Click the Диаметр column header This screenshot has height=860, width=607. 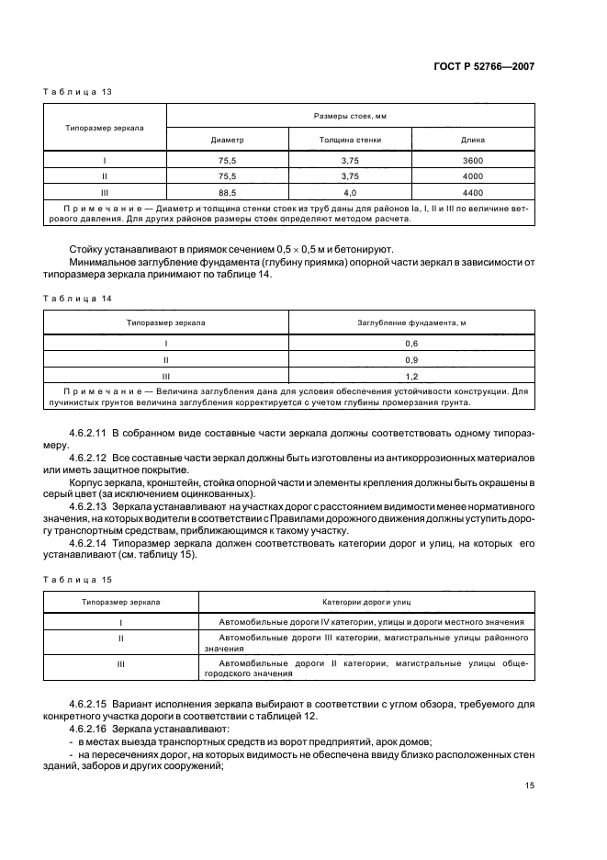point(227,140)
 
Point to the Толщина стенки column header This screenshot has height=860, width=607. point(350,140)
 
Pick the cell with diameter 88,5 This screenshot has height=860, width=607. point(227,192)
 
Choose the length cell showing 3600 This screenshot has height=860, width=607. point(473,160)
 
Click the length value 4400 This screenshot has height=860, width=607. point(473,192)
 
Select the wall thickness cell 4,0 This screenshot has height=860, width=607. point(350,192)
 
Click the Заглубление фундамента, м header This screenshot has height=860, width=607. point(411,323)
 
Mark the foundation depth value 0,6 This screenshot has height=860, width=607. point(411,343)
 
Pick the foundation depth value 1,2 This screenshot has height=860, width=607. point(411,376)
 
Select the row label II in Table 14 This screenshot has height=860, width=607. point(166,359)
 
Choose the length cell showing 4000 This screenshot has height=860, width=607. point(473,175)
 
